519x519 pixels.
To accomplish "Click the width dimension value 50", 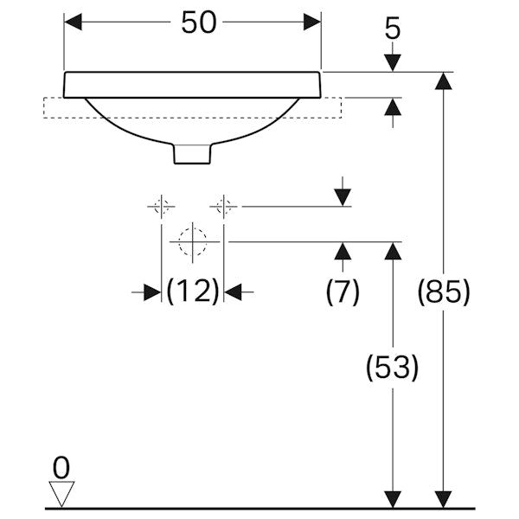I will (198, 23).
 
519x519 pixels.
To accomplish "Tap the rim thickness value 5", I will (393, 29).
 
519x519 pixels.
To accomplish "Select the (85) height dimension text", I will (443, 292).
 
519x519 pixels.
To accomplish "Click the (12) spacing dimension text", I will (192, 292).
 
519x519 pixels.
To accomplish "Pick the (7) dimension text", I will (343, 292).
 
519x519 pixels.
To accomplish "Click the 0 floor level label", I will (61, 468).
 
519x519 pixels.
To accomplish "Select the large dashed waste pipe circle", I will (193, 240).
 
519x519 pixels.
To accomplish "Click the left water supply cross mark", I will (161, 207).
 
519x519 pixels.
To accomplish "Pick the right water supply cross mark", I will (223, 207).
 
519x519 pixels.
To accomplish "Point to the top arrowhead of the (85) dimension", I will (443, 81).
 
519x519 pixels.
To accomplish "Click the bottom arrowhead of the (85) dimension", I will (443, 498).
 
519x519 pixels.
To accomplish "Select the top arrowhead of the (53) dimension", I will (393, 252).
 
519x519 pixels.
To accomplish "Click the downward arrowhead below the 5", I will (393, 62).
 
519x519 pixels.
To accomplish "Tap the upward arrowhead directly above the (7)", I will (343, 252).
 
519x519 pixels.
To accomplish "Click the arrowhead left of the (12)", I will (151, 292).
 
